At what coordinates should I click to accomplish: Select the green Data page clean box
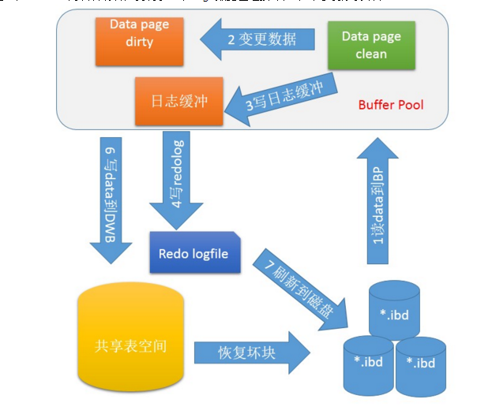365,46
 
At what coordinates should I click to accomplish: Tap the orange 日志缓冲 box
173,102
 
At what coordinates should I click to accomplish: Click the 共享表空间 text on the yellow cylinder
130,345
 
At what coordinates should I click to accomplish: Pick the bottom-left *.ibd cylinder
367,364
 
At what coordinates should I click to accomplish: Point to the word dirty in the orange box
139,43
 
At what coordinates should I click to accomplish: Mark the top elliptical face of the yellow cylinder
130,298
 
